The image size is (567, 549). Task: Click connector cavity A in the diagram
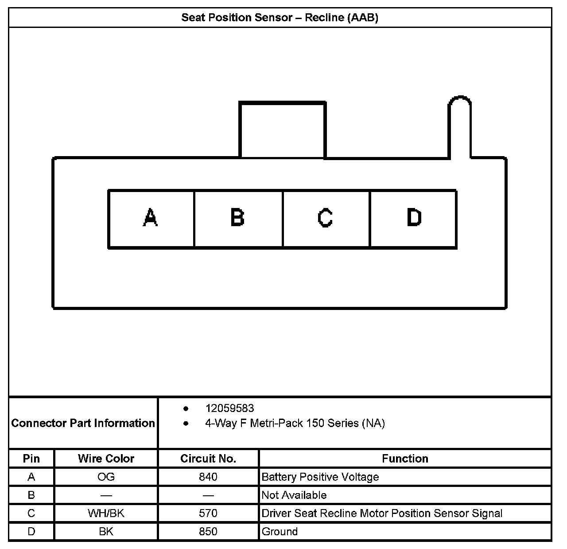tap(151, 218)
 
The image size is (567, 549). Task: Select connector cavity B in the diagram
tap(238, 218)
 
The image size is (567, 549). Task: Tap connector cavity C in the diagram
tap(326, 218)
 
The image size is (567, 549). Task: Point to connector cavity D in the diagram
tap(413, 218)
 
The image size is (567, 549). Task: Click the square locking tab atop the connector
tap(282, 129)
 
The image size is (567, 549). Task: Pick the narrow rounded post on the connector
tap(459, 127)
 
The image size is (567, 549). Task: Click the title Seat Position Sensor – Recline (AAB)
tap(280, 18)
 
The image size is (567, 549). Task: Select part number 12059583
tap(229, 408)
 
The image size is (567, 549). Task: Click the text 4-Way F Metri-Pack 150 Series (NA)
tap(295, 423)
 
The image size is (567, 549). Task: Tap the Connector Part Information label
tap(83, 423)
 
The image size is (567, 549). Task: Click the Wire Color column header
tap(106, 459)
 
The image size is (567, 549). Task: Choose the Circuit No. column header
tap(208, 459)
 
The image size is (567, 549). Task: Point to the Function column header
tap(405, 459)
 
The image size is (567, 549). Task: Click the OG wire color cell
tap(106, 477)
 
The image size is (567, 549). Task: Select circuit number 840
tap(208, 477)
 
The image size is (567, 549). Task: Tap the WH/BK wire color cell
tap(106, 513)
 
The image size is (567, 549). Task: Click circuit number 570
tap(208, 513)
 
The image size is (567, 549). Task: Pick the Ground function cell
tap(280, 531)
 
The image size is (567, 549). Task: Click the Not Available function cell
tap(294, 495)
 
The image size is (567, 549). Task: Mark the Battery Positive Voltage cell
tap(320, 477)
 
